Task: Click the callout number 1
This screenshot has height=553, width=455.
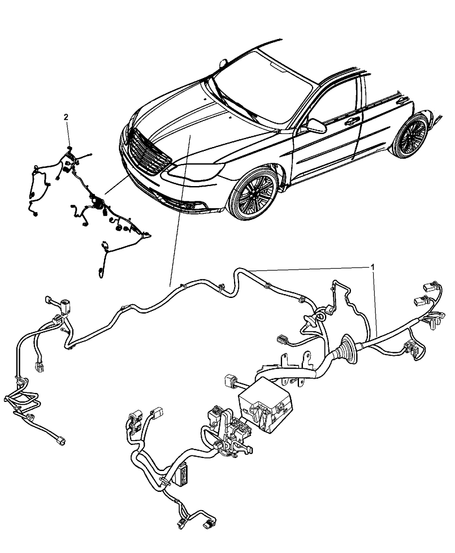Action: pos(373,267)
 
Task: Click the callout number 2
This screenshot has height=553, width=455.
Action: pos(66,117)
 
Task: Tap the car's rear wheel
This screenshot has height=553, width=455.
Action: pos(410,136)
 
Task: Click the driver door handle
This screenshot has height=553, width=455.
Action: pos(351,121)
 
